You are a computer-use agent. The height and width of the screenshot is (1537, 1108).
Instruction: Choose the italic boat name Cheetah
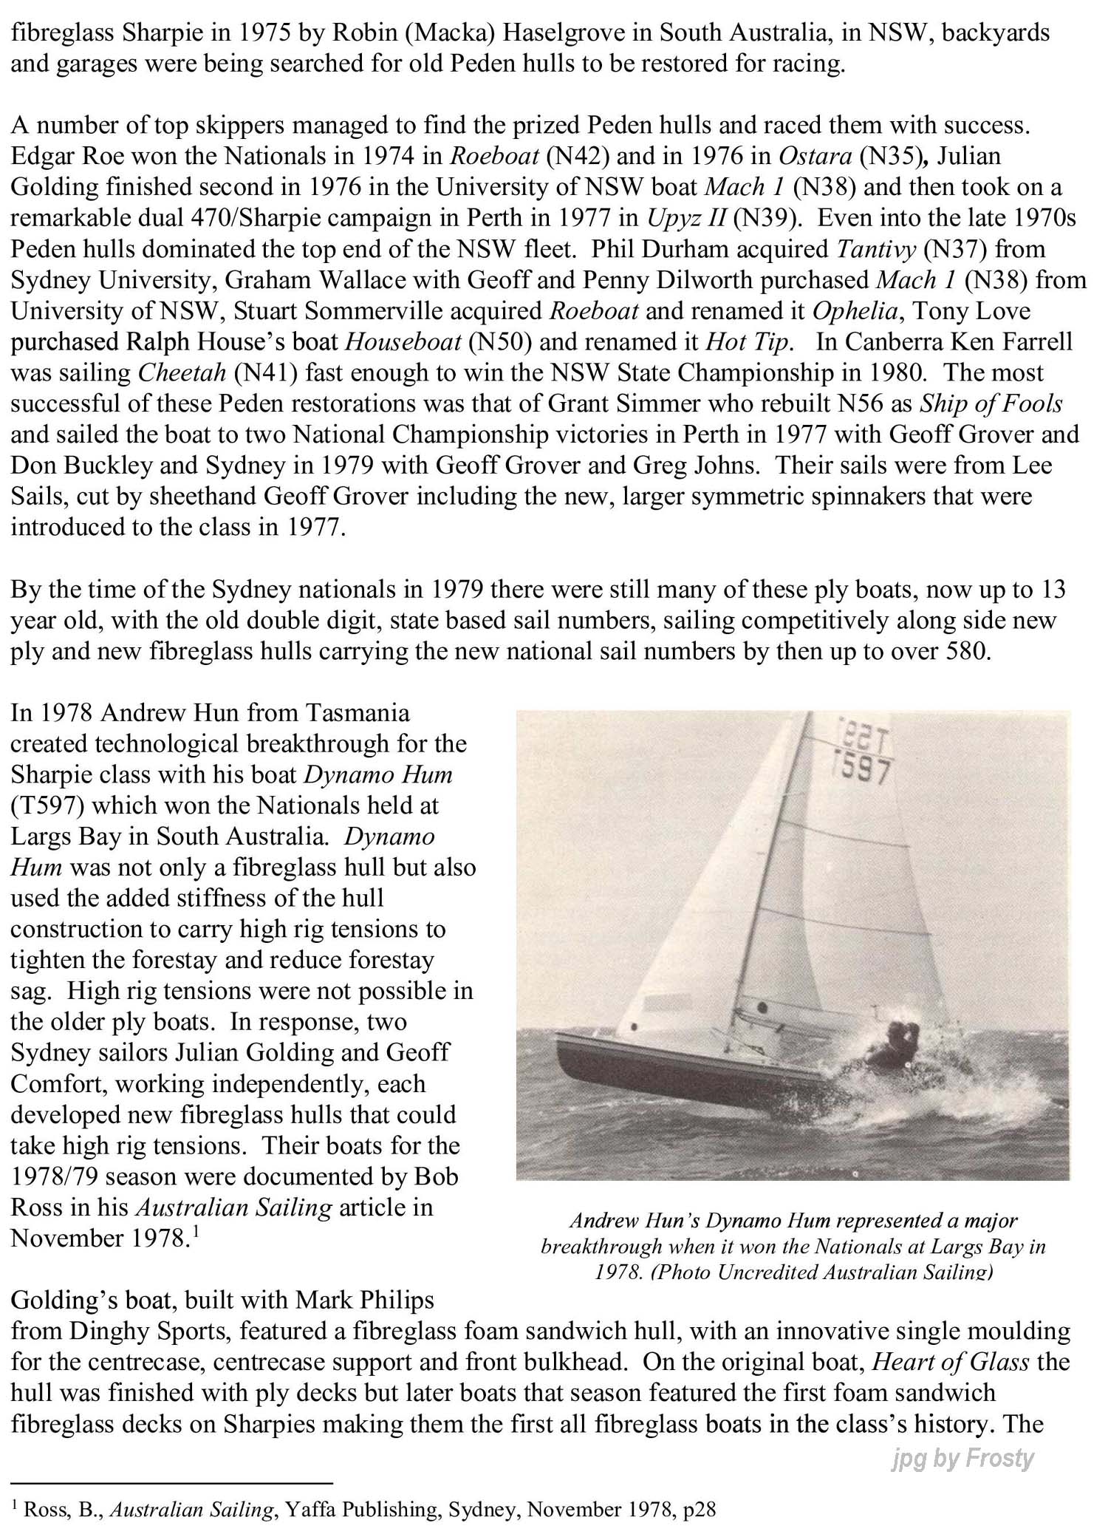coord(182,372)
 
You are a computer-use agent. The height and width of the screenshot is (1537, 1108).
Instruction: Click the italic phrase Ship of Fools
coord(991,403)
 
